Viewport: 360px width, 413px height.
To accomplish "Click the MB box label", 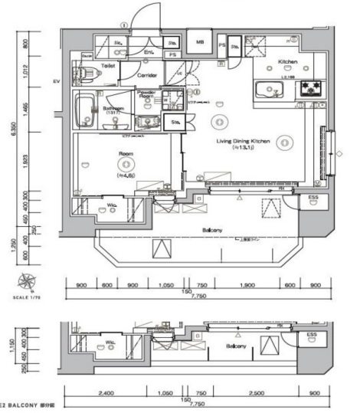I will click(200, 42).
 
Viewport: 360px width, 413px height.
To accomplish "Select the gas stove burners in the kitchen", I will click(311, 87).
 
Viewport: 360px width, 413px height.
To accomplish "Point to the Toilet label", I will click(107, 67).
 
